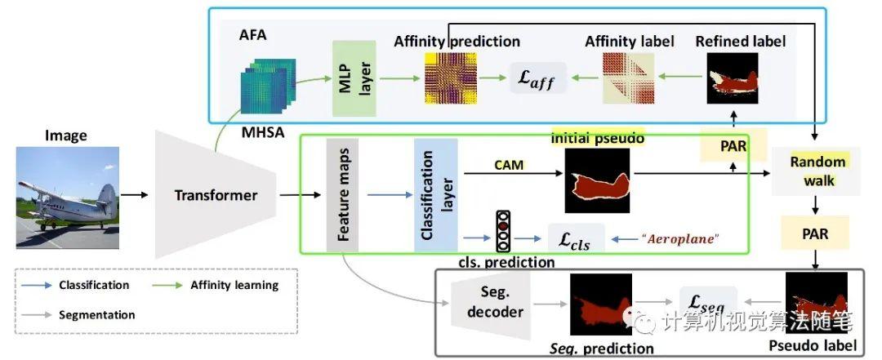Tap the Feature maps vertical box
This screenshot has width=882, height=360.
tap(342, 195)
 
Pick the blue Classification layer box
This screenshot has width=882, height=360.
tap(436, 195)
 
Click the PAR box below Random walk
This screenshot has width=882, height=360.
tap(815, 234)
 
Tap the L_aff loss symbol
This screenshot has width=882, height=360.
tap(539, 78)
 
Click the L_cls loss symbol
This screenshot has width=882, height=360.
tap(576, 239)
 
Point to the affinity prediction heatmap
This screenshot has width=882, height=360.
tap(451, 78)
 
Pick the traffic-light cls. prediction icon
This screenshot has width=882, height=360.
tap(504, 232)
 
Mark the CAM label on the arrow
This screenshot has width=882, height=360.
tap(509, 165)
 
